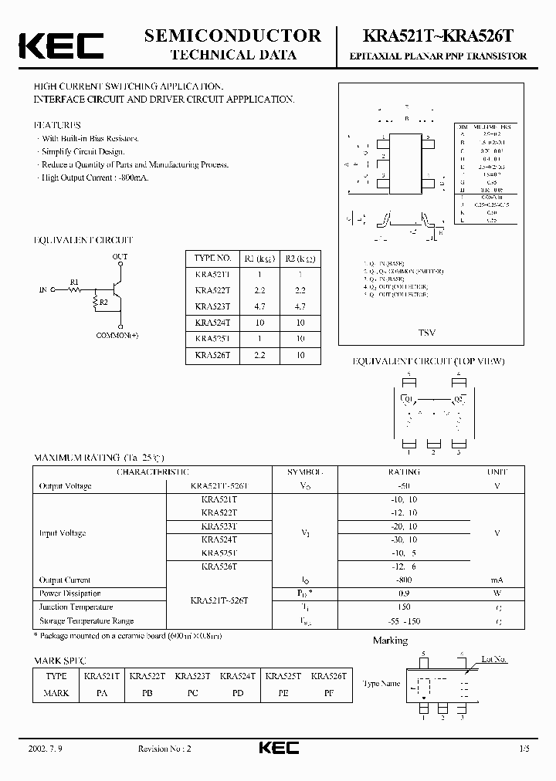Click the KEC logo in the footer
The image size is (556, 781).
277,748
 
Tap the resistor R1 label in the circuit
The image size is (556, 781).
75,282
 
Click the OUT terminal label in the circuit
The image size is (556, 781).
120,256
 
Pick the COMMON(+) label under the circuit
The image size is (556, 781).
118,336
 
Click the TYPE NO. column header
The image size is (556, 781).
212,259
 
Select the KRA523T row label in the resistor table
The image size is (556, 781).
212,307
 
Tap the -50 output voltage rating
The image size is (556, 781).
404,486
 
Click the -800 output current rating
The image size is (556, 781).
404,580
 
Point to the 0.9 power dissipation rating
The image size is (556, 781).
404,593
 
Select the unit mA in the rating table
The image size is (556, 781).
498,580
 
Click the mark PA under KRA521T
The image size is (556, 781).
102,693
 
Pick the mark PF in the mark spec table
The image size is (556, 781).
329,693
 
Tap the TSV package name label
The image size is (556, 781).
426,333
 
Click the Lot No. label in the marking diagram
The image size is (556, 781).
493,659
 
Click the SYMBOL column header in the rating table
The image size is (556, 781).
307,472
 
